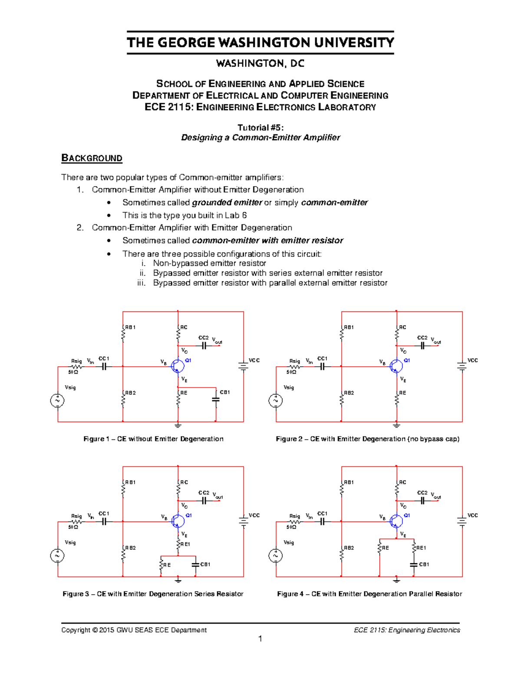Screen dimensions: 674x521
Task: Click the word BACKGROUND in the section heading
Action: pos(92,158)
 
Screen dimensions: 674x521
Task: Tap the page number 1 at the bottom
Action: pos(260,638)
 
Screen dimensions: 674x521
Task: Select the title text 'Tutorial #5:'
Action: pos(260,127)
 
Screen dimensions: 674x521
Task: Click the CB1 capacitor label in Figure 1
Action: pos(225,392)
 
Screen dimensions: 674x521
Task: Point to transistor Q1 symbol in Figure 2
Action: pos(396,366)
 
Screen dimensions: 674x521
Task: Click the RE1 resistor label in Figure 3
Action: pos(185,544)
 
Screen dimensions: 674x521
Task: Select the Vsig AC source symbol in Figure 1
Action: pos(57,400)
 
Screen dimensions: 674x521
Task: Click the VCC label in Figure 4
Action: pos(472,516)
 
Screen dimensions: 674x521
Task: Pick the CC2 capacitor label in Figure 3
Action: pos(204,493)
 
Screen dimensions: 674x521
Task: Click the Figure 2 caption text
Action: pos(367,439)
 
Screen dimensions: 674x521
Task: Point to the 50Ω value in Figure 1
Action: pos(73,372)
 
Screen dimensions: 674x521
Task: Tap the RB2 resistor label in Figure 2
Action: pos(349,393)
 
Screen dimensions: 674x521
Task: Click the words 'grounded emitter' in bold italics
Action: pos(227,203)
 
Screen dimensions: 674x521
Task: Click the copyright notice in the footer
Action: pos(134,630)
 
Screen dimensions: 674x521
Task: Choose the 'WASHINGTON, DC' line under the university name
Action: pos(260,63)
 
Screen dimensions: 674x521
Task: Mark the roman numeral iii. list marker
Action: pos(141,283)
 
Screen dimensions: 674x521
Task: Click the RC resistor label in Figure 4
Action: pos(402,482)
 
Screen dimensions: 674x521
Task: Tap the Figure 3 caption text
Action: pos(153,594)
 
